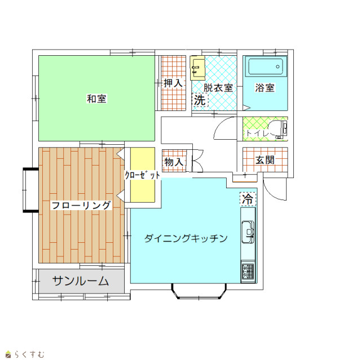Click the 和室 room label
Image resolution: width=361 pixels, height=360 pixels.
[x=96, y=99]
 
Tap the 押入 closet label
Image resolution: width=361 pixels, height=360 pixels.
[x=173, y=83]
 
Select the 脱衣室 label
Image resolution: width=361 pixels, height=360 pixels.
[x=218, y=87]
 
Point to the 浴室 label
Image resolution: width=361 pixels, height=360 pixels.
[x=265, y=87]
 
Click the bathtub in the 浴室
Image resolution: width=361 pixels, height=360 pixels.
[x=266, y=66]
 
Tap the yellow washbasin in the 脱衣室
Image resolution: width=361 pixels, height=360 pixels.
[x=197, y=68]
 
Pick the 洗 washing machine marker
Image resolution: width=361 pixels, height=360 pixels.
[x=200, y=100]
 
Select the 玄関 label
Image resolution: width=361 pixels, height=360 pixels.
[x=265, y=160]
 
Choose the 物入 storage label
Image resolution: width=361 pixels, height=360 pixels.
[x=174, y=162]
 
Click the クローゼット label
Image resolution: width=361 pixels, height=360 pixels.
[x=142, y=175]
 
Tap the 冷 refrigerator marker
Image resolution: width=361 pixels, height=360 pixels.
[x=248, y=199]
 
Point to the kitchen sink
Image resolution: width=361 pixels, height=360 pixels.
[x=248, y=232]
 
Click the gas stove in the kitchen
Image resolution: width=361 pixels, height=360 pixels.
[x=248, y=272]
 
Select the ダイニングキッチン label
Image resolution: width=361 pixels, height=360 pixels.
[x=186, y=238]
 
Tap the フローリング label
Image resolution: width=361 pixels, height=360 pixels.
[x=81, y=205]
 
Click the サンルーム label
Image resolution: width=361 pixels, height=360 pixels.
[x=80, y=281]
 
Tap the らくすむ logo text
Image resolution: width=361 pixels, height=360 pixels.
[x=29, y=354]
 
